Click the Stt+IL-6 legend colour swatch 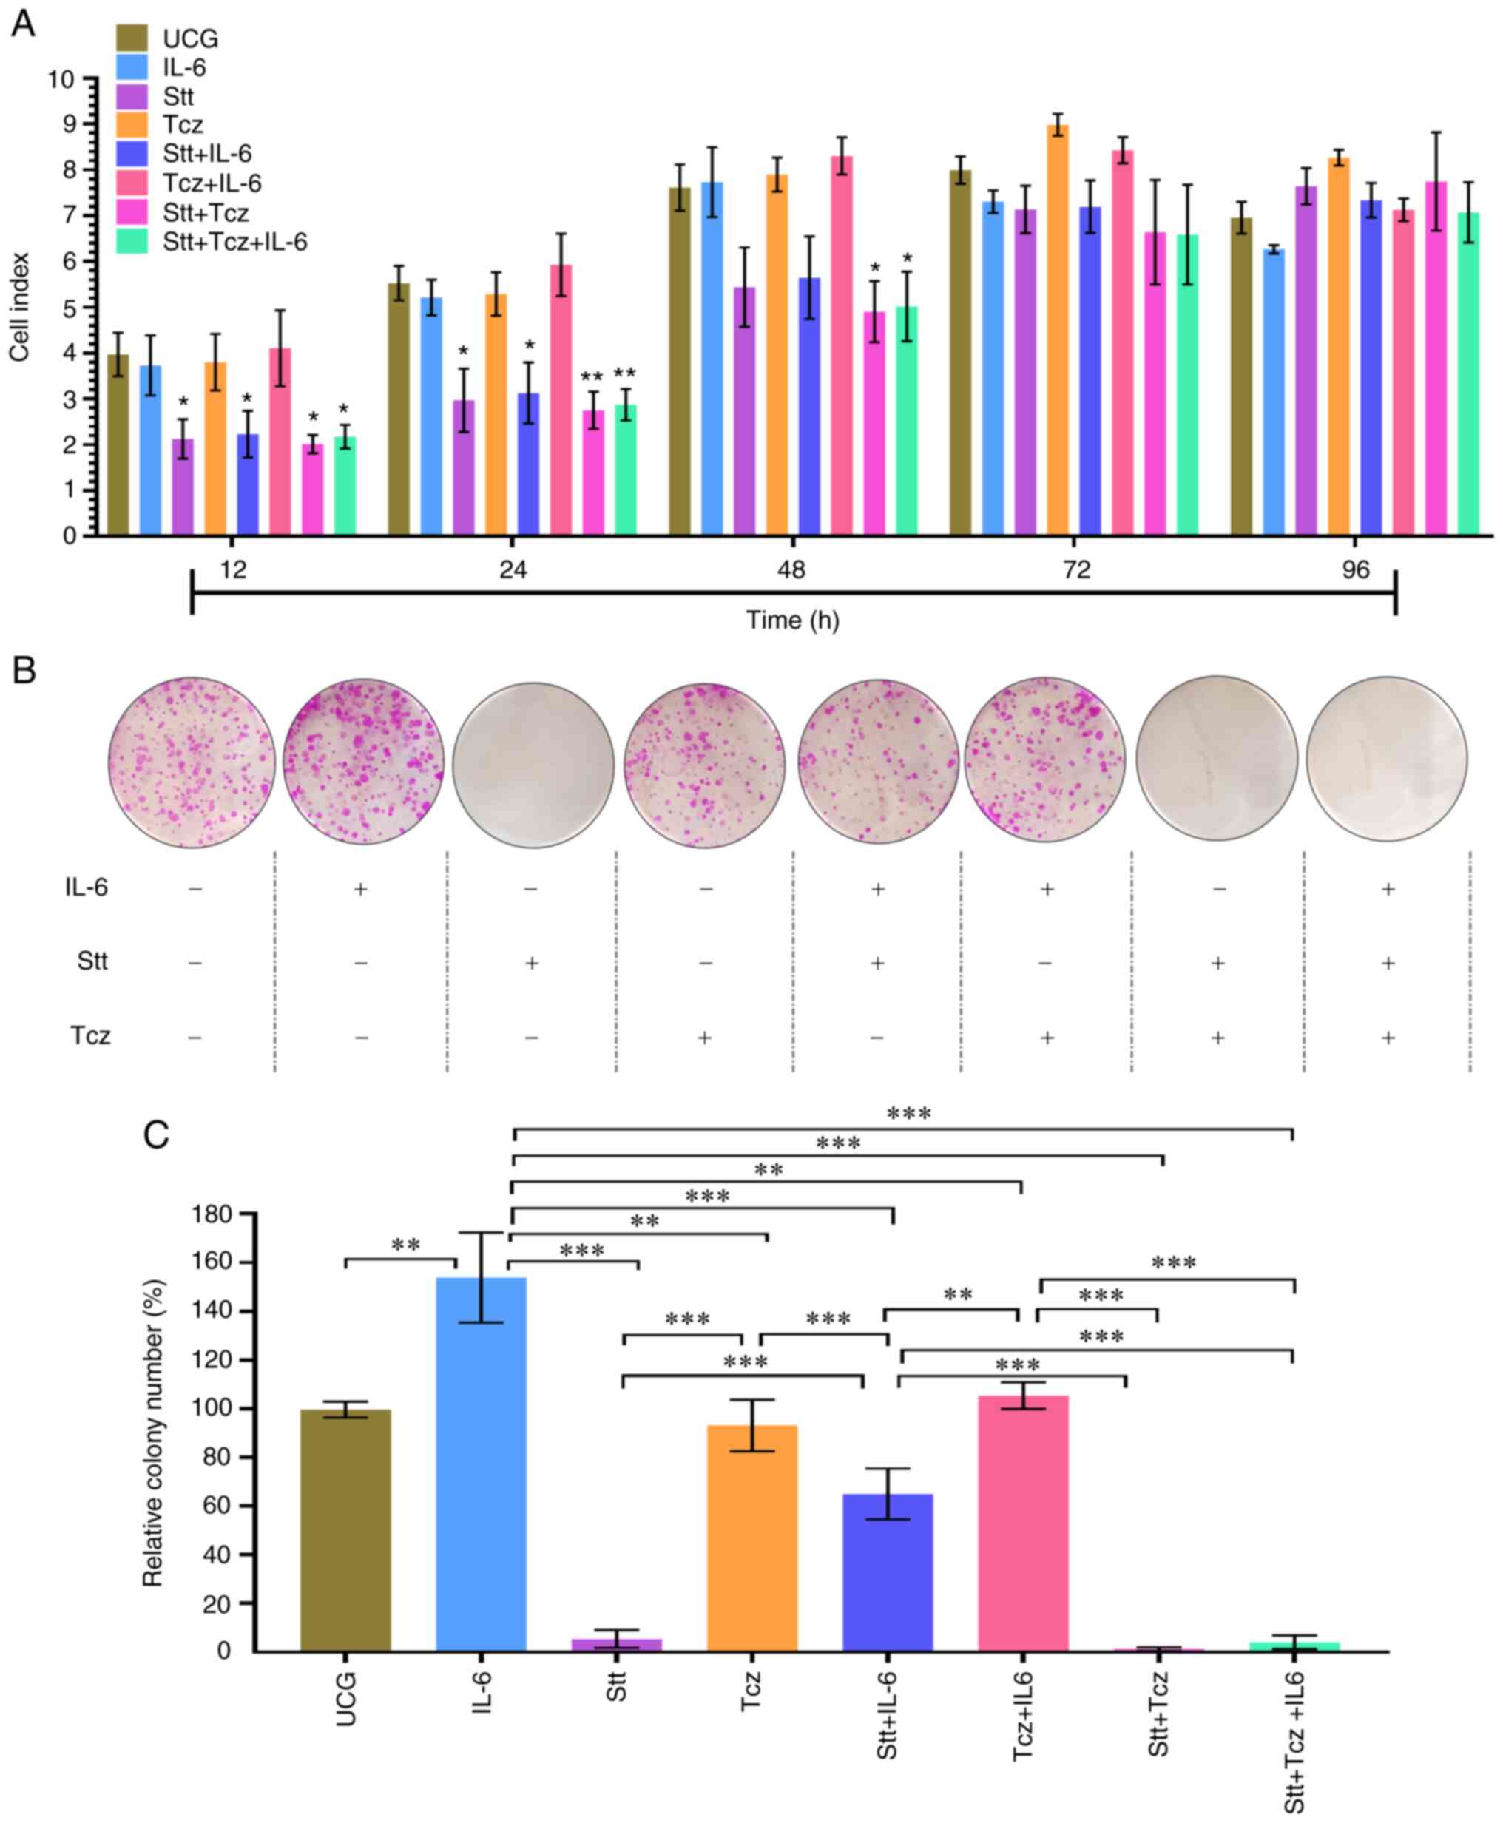pos(132,154)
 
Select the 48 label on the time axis pos(791,570)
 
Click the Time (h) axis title pos(792,620)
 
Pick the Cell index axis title pos(19,308)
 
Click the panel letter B pos(24,670)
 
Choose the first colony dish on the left pos(192,763)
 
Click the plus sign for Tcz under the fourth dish pos(705,1037)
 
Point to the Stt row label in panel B pos(92,961)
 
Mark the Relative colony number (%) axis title pos(153,1433)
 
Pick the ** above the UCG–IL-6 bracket pos(406,1245)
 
